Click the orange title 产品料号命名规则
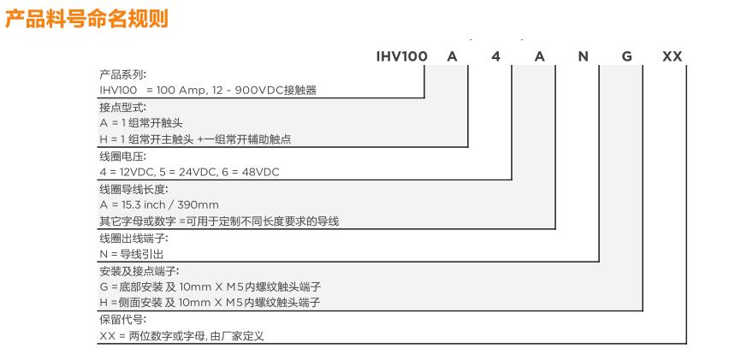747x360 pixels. (x=86, y=19)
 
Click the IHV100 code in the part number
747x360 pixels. (x=401, y=56)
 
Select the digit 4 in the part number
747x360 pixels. (x=496, y=56)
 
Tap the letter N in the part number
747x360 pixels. (x=583, y=56)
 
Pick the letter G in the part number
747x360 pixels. (x=627, y=56)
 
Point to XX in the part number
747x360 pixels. (x=673, y=56)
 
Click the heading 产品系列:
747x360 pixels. (x=123, y=74)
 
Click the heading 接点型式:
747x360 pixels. (x=123, y=108)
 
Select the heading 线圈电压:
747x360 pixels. (x=123, y=156)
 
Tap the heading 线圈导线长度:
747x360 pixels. (x=133, y=190)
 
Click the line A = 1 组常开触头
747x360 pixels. (x=141, y=123)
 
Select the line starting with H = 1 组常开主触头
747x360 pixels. (x=195, y=139)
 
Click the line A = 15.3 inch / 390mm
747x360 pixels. (x=159, y=205)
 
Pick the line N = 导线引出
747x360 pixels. (x=132, y=254)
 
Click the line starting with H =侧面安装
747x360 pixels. (x=210, y=303)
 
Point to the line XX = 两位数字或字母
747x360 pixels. (x=181, y=336)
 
